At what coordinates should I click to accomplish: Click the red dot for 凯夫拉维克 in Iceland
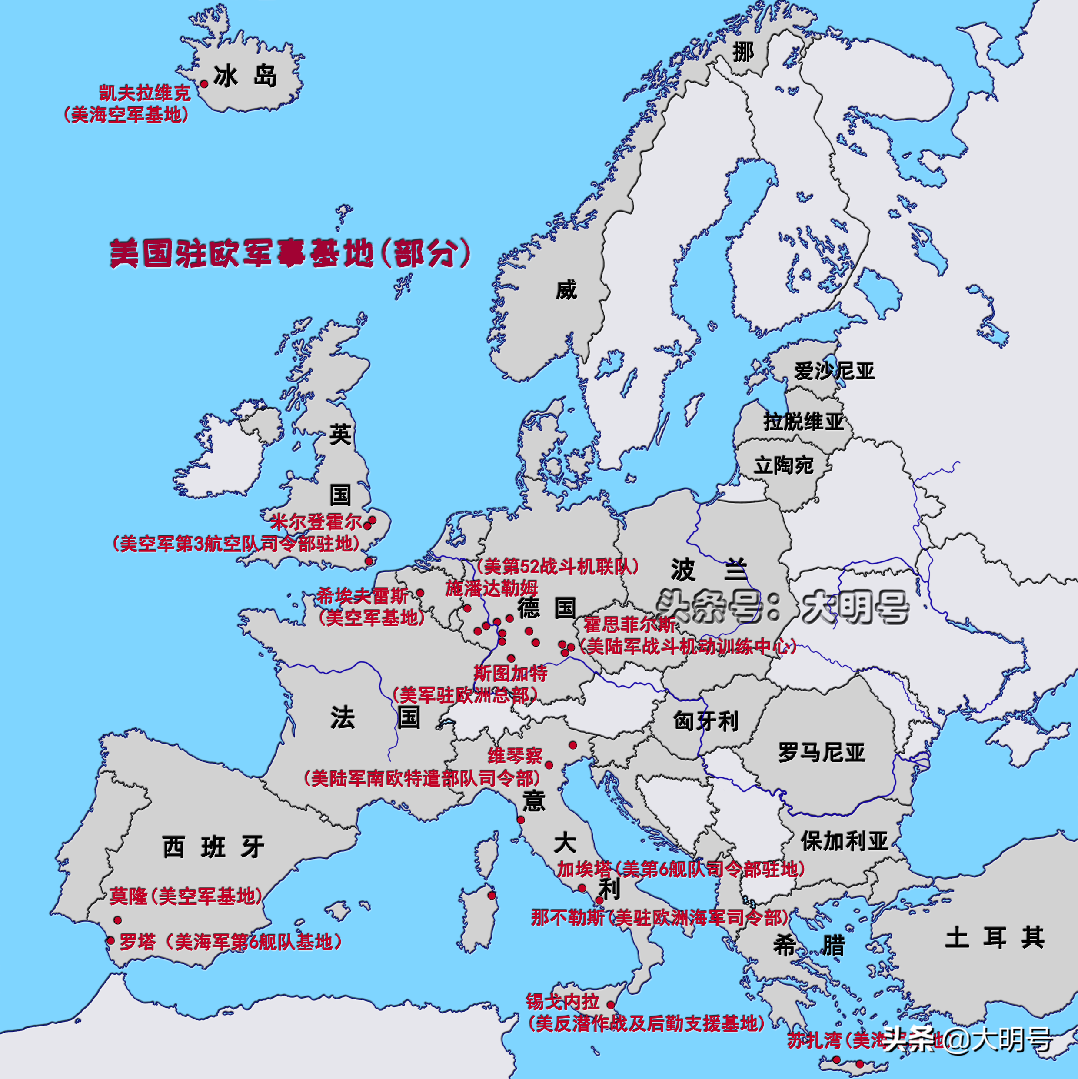point(204,84)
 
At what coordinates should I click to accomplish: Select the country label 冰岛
point(245,76)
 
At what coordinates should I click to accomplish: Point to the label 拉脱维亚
point(803,421)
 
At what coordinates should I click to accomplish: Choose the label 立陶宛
point(784,465)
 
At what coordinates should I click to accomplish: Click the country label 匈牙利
point(705,721)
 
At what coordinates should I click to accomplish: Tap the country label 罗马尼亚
point(822,753)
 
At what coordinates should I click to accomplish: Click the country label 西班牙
point(213,847)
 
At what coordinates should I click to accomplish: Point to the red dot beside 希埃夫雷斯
point(420,593)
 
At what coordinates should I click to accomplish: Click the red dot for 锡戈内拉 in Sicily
point(610,1005)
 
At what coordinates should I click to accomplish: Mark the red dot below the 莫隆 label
point(117,920)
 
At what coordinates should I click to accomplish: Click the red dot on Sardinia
point(492,895)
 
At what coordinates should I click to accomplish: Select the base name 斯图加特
point(510,674)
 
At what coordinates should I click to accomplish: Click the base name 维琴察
point(515,756)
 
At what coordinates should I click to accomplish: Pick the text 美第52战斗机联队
point(557,567)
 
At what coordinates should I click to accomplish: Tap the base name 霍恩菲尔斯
point(629,624)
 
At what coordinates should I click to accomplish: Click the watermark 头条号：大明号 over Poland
point(782,607)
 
